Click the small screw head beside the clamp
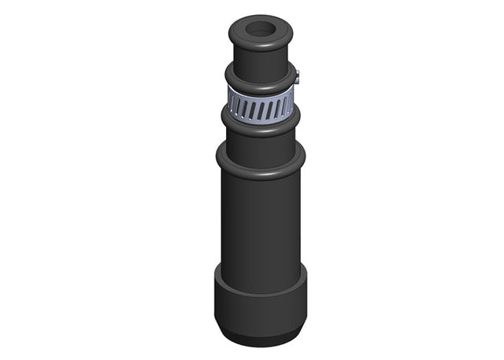[x=299, y=76]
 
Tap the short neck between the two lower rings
[x=260, y=143]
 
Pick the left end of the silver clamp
[x=229, y=101]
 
